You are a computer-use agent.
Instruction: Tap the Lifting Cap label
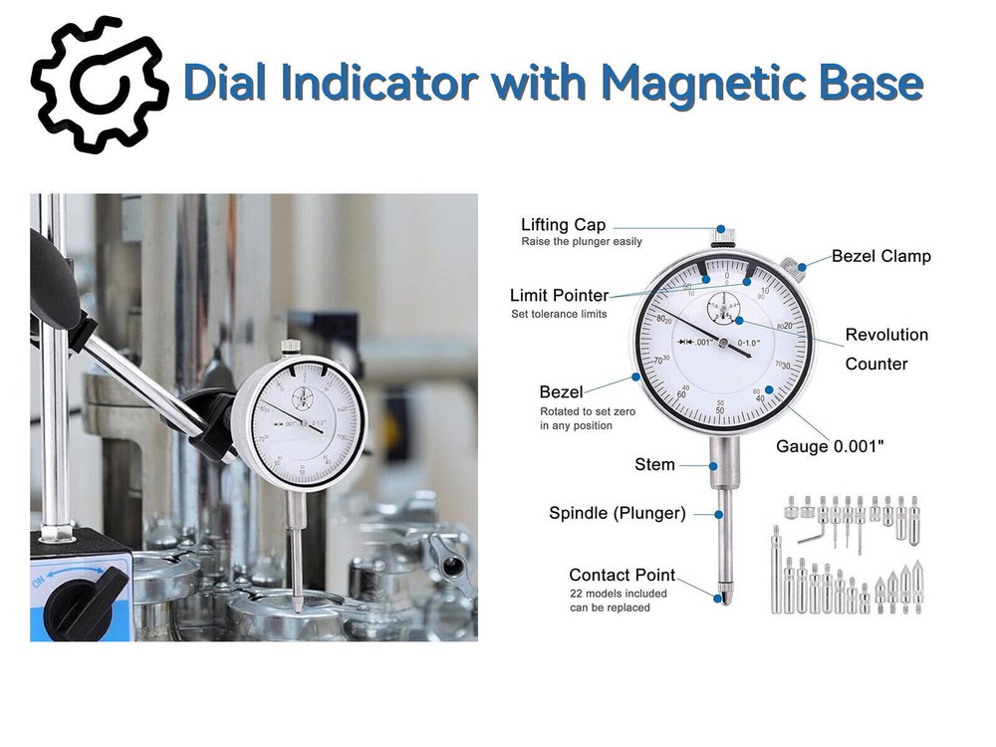(x=563, y=225)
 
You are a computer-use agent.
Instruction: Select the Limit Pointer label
(x=559, y=296)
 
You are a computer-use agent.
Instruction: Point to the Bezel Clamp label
(x=880, y=256)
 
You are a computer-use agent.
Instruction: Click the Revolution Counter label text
(x=885, y=349)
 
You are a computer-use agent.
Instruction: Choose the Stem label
(x=654, y=464)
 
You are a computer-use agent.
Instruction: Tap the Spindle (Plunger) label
(x=617, y=513)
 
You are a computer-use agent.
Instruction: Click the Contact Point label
(x=622, y=575)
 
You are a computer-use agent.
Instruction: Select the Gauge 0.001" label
(x=829, y=446)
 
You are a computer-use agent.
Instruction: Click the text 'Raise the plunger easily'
(x=582, y=242)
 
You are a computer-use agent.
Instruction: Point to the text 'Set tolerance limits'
(x=558, y=315)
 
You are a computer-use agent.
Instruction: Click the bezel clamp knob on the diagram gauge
(x=790, y=266)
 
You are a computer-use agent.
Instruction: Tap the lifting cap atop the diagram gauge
(x=723, y=236)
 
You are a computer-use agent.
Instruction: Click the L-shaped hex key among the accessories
(x=809, y=539)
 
